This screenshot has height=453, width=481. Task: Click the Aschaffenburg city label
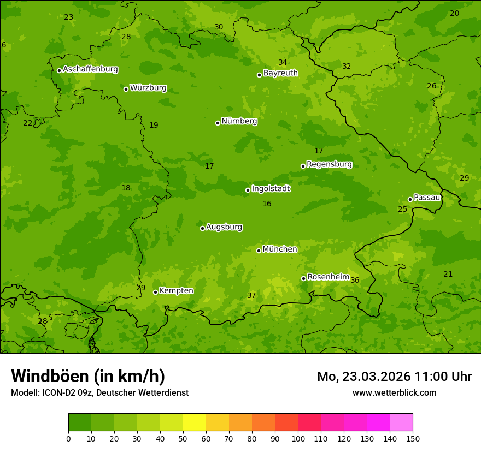point(90,69)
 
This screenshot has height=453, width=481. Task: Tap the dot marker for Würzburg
point(126,89)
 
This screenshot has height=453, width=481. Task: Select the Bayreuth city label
point(280,73)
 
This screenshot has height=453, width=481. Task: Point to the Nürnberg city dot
point(218,123)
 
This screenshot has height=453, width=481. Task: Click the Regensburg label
point(329,164)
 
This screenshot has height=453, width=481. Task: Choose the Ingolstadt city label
point(271,188)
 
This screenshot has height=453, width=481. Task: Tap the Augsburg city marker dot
point(202,228)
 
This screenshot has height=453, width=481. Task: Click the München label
point(280,249)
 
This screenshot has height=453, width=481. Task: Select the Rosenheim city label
point(328,277)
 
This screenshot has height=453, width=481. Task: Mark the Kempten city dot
point(155,292)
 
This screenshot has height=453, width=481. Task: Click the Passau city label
point(427,197)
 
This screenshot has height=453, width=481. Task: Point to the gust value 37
point(251,295)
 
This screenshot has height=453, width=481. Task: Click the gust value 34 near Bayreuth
point(283,62)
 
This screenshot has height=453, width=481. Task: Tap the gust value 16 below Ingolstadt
point(267,204)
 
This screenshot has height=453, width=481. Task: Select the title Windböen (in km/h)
point(88,376)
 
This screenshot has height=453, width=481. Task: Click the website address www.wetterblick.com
point(394,392)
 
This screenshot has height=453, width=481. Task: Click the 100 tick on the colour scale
point(298,438)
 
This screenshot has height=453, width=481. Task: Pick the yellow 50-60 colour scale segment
point(195,422)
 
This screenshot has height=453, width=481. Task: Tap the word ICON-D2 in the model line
point(57,392)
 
